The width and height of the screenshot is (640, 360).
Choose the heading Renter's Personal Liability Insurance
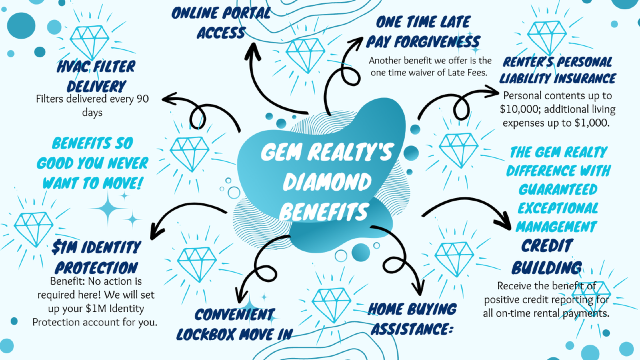557,70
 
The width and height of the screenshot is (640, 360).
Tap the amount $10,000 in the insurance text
526,109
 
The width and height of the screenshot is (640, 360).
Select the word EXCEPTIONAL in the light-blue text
557,208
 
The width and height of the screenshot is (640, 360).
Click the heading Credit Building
546,256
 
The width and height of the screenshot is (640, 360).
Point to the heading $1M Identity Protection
96,257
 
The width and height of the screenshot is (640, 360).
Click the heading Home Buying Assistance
412,318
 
